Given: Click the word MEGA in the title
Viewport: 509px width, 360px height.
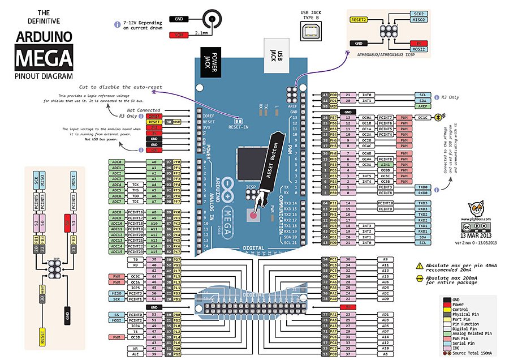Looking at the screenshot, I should (x=44, y=58).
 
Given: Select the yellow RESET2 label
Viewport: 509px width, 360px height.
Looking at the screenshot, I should (x=359, y=19).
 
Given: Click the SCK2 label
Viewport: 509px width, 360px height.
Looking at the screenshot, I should (x=419, y=13).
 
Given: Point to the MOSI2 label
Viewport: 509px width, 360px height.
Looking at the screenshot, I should (x=419, y=49).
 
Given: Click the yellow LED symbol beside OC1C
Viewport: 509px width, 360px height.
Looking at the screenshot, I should (x=440, y=118).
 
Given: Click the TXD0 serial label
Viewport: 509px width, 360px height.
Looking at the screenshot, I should (x=422, y=187).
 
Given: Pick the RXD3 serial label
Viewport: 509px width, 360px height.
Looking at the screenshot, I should (x=422, y=209).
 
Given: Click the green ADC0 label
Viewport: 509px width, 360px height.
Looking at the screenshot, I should (x=117, y=162).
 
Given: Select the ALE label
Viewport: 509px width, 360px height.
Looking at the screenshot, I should (x=136, y=354).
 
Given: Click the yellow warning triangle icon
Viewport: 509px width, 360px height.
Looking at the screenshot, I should (x=419, y=265).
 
